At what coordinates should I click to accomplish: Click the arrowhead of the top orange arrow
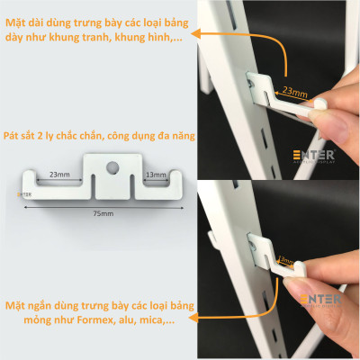200,35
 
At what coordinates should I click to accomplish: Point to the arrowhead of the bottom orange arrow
201,306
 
